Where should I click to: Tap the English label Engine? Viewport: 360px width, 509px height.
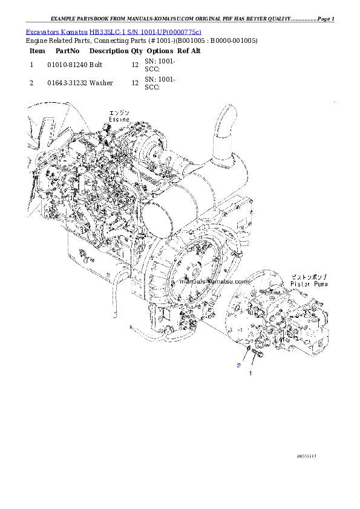(x=119, y=120)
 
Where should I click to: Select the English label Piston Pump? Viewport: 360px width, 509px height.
(x=309, y=284)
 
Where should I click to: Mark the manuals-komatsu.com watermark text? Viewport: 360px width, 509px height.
(x=215, y=282)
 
